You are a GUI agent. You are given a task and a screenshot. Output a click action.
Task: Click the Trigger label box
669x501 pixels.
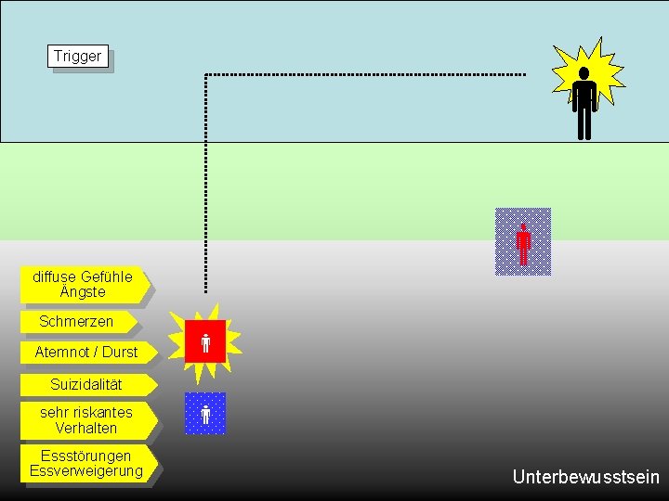click(x=78, y=57)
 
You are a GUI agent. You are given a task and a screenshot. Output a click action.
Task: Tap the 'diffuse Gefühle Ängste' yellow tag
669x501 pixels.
click(x=83, y=285)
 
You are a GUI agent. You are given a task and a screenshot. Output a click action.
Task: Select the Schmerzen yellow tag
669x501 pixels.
click(x=77, y=322)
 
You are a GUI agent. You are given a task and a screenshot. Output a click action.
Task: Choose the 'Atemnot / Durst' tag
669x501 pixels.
click(x=85, y=353)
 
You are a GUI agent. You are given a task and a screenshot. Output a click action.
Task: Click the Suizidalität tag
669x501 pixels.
click(x=86, y=384)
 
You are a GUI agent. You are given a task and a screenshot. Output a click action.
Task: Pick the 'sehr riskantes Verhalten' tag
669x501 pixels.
click(x=86, y=420)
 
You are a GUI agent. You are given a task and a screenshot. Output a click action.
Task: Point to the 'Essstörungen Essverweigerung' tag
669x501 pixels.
click(x=86, y=463)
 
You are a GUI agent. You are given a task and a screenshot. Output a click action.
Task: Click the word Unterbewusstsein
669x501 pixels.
click(x=585, y=478)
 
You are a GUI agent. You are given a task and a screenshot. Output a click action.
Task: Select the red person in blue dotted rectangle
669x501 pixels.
click(x=523, y=242)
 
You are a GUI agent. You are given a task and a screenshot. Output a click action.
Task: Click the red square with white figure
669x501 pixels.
click(x=205, y=341)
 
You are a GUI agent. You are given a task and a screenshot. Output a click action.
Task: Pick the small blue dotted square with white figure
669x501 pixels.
click(x=205, y=414)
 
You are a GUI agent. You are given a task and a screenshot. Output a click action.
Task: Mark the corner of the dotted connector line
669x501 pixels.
click(x=205, y=74)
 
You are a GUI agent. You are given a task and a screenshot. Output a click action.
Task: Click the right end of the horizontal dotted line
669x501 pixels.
click(x=524, y=74)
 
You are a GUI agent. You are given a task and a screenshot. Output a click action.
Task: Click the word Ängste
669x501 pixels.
click(x=83, y=292)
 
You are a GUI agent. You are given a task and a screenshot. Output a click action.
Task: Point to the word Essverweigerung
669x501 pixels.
click(x=86, y=471)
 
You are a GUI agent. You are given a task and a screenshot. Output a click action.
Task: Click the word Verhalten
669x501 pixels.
click(x=86, y=429)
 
